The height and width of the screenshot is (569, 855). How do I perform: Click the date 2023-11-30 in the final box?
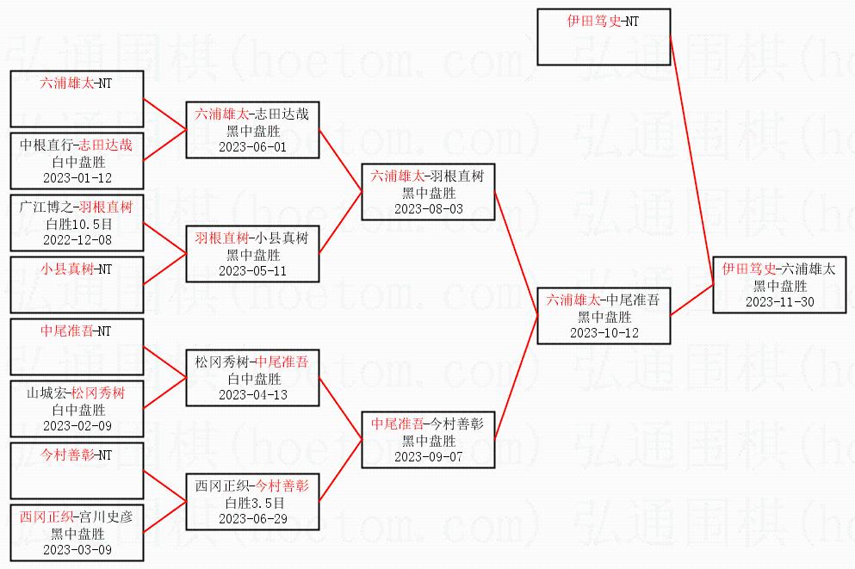[780, 302]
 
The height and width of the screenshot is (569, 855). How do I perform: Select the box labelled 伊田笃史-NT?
[604, 36]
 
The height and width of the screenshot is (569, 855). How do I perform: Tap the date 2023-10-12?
[604, 333]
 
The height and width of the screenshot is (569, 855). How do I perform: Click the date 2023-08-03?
[429, 209]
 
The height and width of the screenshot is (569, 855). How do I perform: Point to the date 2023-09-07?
[429, 457]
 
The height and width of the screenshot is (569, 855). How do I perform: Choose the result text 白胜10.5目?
[79, 224]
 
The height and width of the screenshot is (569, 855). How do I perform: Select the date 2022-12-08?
[77, 240]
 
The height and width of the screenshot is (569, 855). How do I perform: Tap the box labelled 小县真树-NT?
[77, 284]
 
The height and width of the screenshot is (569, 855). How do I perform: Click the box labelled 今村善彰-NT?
[77, 470]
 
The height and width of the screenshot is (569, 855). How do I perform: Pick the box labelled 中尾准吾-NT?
[77, 347]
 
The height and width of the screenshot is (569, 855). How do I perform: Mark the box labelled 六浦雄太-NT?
[77, 99]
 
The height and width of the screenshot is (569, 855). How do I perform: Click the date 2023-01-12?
[77, 178]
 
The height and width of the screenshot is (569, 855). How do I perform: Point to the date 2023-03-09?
[77, 550]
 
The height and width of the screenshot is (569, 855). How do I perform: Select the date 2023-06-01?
[253, 147]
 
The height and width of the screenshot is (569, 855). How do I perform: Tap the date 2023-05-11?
[253, 271]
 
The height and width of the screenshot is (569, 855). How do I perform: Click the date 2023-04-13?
[253, 395]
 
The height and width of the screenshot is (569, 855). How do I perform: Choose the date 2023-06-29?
[253, 519]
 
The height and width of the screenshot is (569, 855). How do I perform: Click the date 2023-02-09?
[77, 426]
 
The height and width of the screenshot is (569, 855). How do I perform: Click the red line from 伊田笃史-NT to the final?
[692, 160]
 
